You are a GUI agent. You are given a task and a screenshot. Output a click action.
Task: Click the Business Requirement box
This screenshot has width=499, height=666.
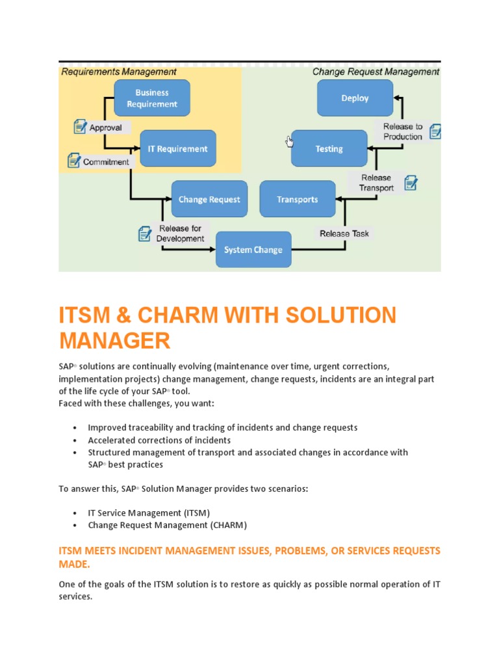tap(152, 98)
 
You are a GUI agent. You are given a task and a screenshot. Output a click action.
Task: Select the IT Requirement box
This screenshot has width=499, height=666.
tap(177, 149)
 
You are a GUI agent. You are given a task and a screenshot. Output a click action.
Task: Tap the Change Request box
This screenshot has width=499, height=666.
tap(209, 200)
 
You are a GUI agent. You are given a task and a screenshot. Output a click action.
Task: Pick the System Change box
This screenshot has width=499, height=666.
tap(253, 250)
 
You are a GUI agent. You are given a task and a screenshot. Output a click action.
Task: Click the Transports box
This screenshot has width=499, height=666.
tap(298, 200)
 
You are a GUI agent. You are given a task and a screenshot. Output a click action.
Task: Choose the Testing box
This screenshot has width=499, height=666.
tap(329, 149)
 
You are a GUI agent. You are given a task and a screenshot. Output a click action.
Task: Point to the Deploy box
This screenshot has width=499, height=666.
tap(355, 98)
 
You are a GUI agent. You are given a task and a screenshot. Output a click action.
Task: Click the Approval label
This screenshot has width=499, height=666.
tap(105, 127)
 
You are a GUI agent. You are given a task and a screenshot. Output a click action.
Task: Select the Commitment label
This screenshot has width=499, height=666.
tap(106, 162)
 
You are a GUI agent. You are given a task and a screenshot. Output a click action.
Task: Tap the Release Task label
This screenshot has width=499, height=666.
tap(344, 233)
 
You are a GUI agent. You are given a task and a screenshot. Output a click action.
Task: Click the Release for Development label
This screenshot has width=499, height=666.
tap(180, 233)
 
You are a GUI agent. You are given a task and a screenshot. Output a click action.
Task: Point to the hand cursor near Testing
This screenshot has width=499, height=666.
tap(290, 141)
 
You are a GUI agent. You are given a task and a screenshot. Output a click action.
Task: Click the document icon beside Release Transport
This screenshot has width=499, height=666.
tap(411, 183)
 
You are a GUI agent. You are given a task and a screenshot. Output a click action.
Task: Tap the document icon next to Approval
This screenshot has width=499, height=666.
tap(80, 127)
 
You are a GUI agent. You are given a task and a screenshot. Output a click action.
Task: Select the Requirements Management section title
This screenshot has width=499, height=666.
tap(119, 72)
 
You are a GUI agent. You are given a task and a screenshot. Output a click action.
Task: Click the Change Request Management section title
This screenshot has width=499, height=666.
tap(376, 72)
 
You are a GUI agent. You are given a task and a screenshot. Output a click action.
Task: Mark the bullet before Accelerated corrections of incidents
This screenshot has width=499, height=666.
tap(75, 440)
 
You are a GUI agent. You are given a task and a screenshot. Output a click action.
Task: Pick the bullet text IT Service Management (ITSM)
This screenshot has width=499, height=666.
tap(149, 513)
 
